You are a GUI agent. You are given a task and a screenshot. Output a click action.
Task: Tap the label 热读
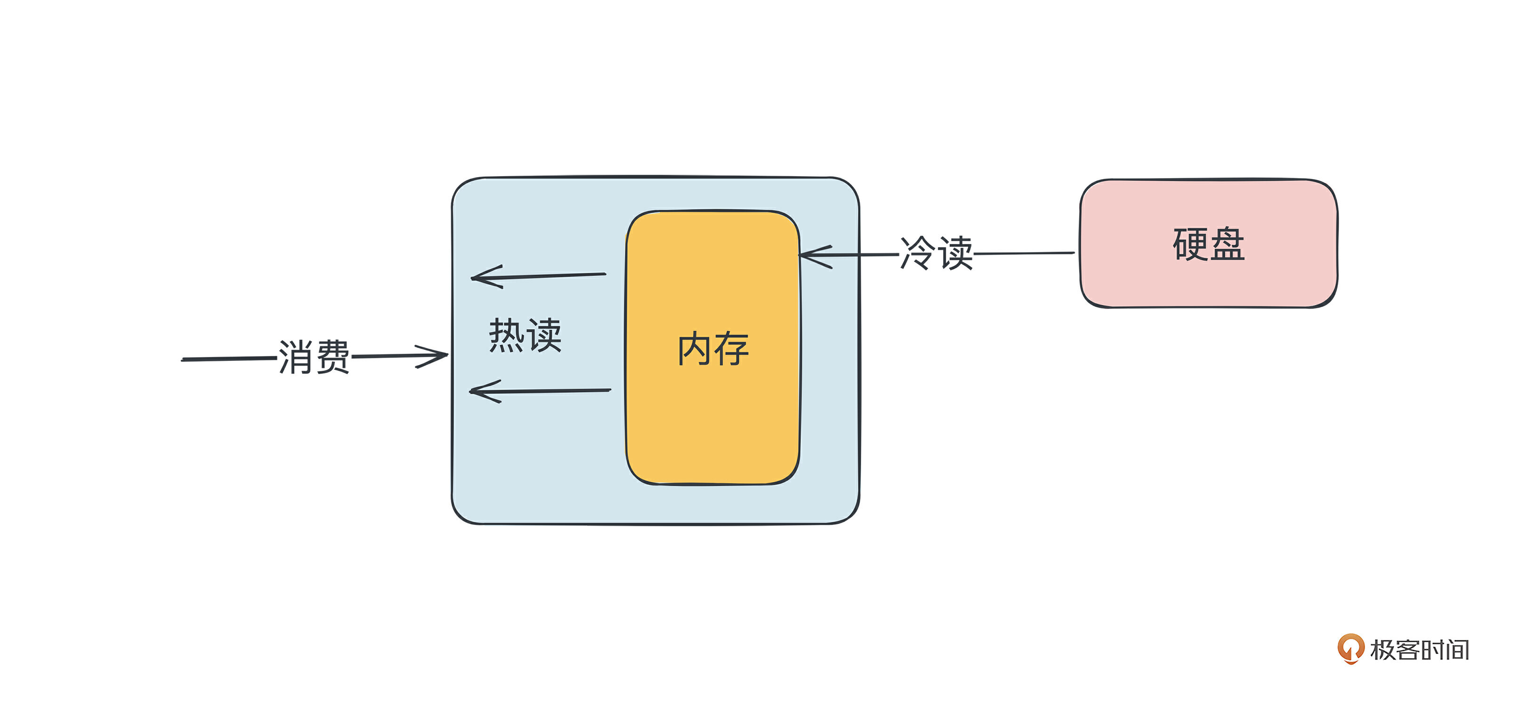pyautogui.click(x=525, y=335)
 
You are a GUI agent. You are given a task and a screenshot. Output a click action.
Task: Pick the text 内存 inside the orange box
pyautogui.click(x=713, y=349)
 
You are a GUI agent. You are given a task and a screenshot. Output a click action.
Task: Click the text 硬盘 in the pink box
pyautogui.click(x=1208, y=244)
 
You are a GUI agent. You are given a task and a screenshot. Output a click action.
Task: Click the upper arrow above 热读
pyautogui.click(x=538, y=276)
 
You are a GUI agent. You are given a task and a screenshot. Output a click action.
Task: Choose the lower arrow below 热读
pyautogui.click(x=540, y=391)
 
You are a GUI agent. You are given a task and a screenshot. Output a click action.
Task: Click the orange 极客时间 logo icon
pyautogui.click(x=1350, y=648)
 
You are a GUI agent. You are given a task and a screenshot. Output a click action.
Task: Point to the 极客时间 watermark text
pyautogui.click(x=1420, y=650)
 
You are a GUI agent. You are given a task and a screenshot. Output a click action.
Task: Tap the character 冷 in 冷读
pyautogui.click(x=918, y=253)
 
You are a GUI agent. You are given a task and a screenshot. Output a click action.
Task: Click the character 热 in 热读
pyautogui.click(x=506, y=335)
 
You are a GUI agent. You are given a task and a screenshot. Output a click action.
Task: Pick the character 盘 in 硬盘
pyautogui.click(x=1227, y=244)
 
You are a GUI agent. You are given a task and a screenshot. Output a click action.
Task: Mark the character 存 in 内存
pyautogui.click(x=732, y=349)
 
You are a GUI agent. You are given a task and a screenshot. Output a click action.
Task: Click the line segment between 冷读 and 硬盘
pyautogui.click(x=1024, y=253)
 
